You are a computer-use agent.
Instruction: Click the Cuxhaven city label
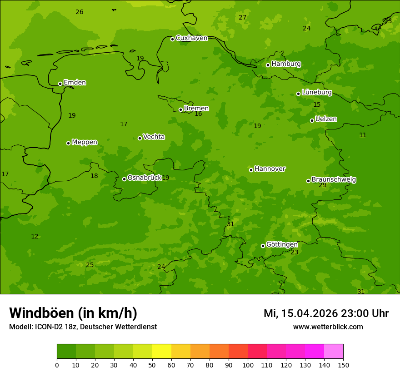coord(191,38)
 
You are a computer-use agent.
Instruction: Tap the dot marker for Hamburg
coord(268,65)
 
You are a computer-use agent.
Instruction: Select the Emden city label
coord(75,83)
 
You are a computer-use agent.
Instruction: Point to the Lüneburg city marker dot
coord(298,94)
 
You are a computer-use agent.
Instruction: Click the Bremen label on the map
coord(196,109)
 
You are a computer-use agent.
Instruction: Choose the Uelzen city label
coord(326,119)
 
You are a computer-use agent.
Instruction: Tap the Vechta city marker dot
coord(140,138)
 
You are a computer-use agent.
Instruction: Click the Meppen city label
coord(84,142)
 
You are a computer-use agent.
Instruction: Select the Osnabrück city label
coord(144,178)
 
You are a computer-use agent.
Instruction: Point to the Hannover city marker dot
coord(251,170)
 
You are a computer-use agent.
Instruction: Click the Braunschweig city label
coord(334,180)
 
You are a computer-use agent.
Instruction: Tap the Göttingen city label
coord(282,245)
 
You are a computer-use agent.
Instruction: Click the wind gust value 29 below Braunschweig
coord(322,185)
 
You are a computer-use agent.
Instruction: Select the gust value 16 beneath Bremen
coord(198,114)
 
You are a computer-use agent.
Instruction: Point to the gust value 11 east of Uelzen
coord(363,135)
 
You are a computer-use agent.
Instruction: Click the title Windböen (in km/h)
coord(73,313)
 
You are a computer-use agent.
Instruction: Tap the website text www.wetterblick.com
coord(328,327)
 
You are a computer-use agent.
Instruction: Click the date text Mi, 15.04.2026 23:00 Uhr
coord(326,313)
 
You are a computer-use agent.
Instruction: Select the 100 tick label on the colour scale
coord(248,365)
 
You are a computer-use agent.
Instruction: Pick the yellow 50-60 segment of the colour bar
coord(162,352)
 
